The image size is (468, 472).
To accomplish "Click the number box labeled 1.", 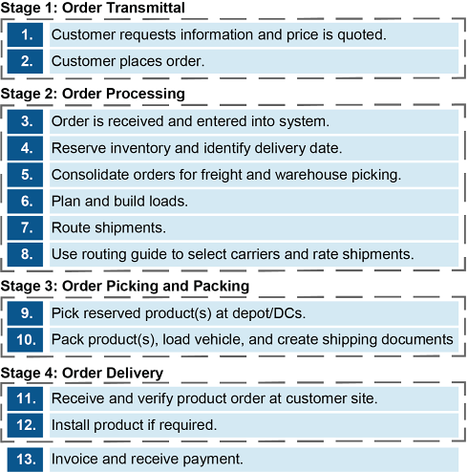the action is coord(25,34).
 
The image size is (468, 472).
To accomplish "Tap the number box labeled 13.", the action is coord(25,460).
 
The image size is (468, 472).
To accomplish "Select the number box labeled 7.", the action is coord(25,228).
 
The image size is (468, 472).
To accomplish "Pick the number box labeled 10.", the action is coord(25,340).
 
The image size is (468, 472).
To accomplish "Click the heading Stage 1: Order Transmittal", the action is coord(93,8).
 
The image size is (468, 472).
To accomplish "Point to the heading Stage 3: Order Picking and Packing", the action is coord(125,286).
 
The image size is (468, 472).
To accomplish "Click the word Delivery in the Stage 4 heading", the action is coord(135,373).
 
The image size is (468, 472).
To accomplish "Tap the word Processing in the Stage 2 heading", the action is coord(145,94).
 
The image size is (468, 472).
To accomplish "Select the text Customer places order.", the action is coord(128,61).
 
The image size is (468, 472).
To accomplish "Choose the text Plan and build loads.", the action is coord(119,202).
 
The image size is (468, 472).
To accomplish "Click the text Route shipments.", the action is coord(109,228).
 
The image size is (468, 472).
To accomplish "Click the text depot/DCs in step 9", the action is coord(269,313).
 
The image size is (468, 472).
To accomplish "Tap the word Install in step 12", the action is coord(71,425).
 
